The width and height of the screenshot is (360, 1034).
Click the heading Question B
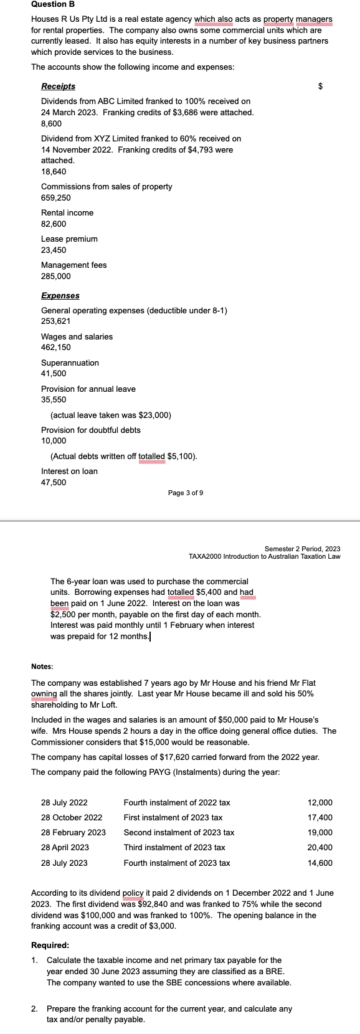point(53,4)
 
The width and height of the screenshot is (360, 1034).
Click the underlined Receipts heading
point(58,87)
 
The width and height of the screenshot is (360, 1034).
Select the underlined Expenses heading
point(60,295)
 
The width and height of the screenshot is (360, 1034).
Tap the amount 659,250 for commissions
point(55,198)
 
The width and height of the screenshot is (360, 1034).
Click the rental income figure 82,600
point(54,224)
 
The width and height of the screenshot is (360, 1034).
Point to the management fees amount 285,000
point(55,277)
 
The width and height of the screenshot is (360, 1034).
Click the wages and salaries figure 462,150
point(55,348)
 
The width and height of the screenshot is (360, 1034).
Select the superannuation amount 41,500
point(54,374)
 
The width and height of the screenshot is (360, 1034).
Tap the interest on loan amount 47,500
point(54,483)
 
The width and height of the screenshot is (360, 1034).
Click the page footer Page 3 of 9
point(185,493)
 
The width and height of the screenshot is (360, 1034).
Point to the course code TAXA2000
point(206,556)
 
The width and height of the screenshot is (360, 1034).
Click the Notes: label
point(42,667)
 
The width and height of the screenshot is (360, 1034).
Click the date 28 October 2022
point(72,817)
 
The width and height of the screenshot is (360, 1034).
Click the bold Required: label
point(50,946)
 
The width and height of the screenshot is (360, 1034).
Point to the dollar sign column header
point(321,87)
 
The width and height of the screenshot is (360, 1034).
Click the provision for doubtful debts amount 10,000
point(54,441)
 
